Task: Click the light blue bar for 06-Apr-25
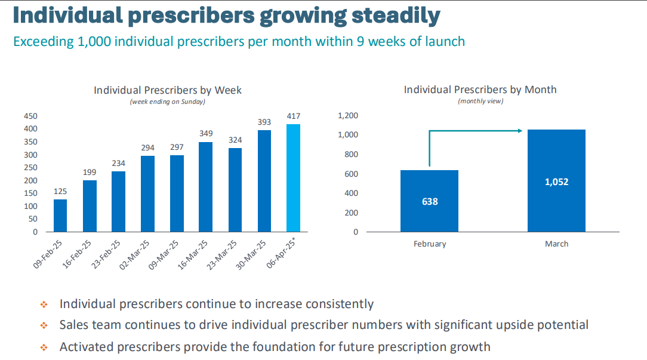point(293,178)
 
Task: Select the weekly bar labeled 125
point(60,216)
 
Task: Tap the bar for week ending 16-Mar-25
point(206,187)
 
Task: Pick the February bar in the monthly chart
point(429,201)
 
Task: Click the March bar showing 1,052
point(556,181)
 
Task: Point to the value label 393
point(264,122)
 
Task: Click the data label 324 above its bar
point(235,140)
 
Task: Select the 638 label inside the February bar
point(430,202)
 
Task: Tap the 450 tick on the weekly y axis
point(30,116)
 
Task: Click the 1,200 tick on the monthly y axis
point(348,116)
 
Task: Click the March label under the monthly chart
point(556,244)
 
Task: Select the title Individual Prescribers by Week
point(168,90)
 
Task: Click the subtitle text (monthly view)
point(480,101)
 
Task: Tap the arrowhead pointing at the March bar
point(520,131)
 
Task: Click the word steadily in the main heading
point(396,16)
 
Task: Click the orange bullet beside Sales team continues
point(44,326)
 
